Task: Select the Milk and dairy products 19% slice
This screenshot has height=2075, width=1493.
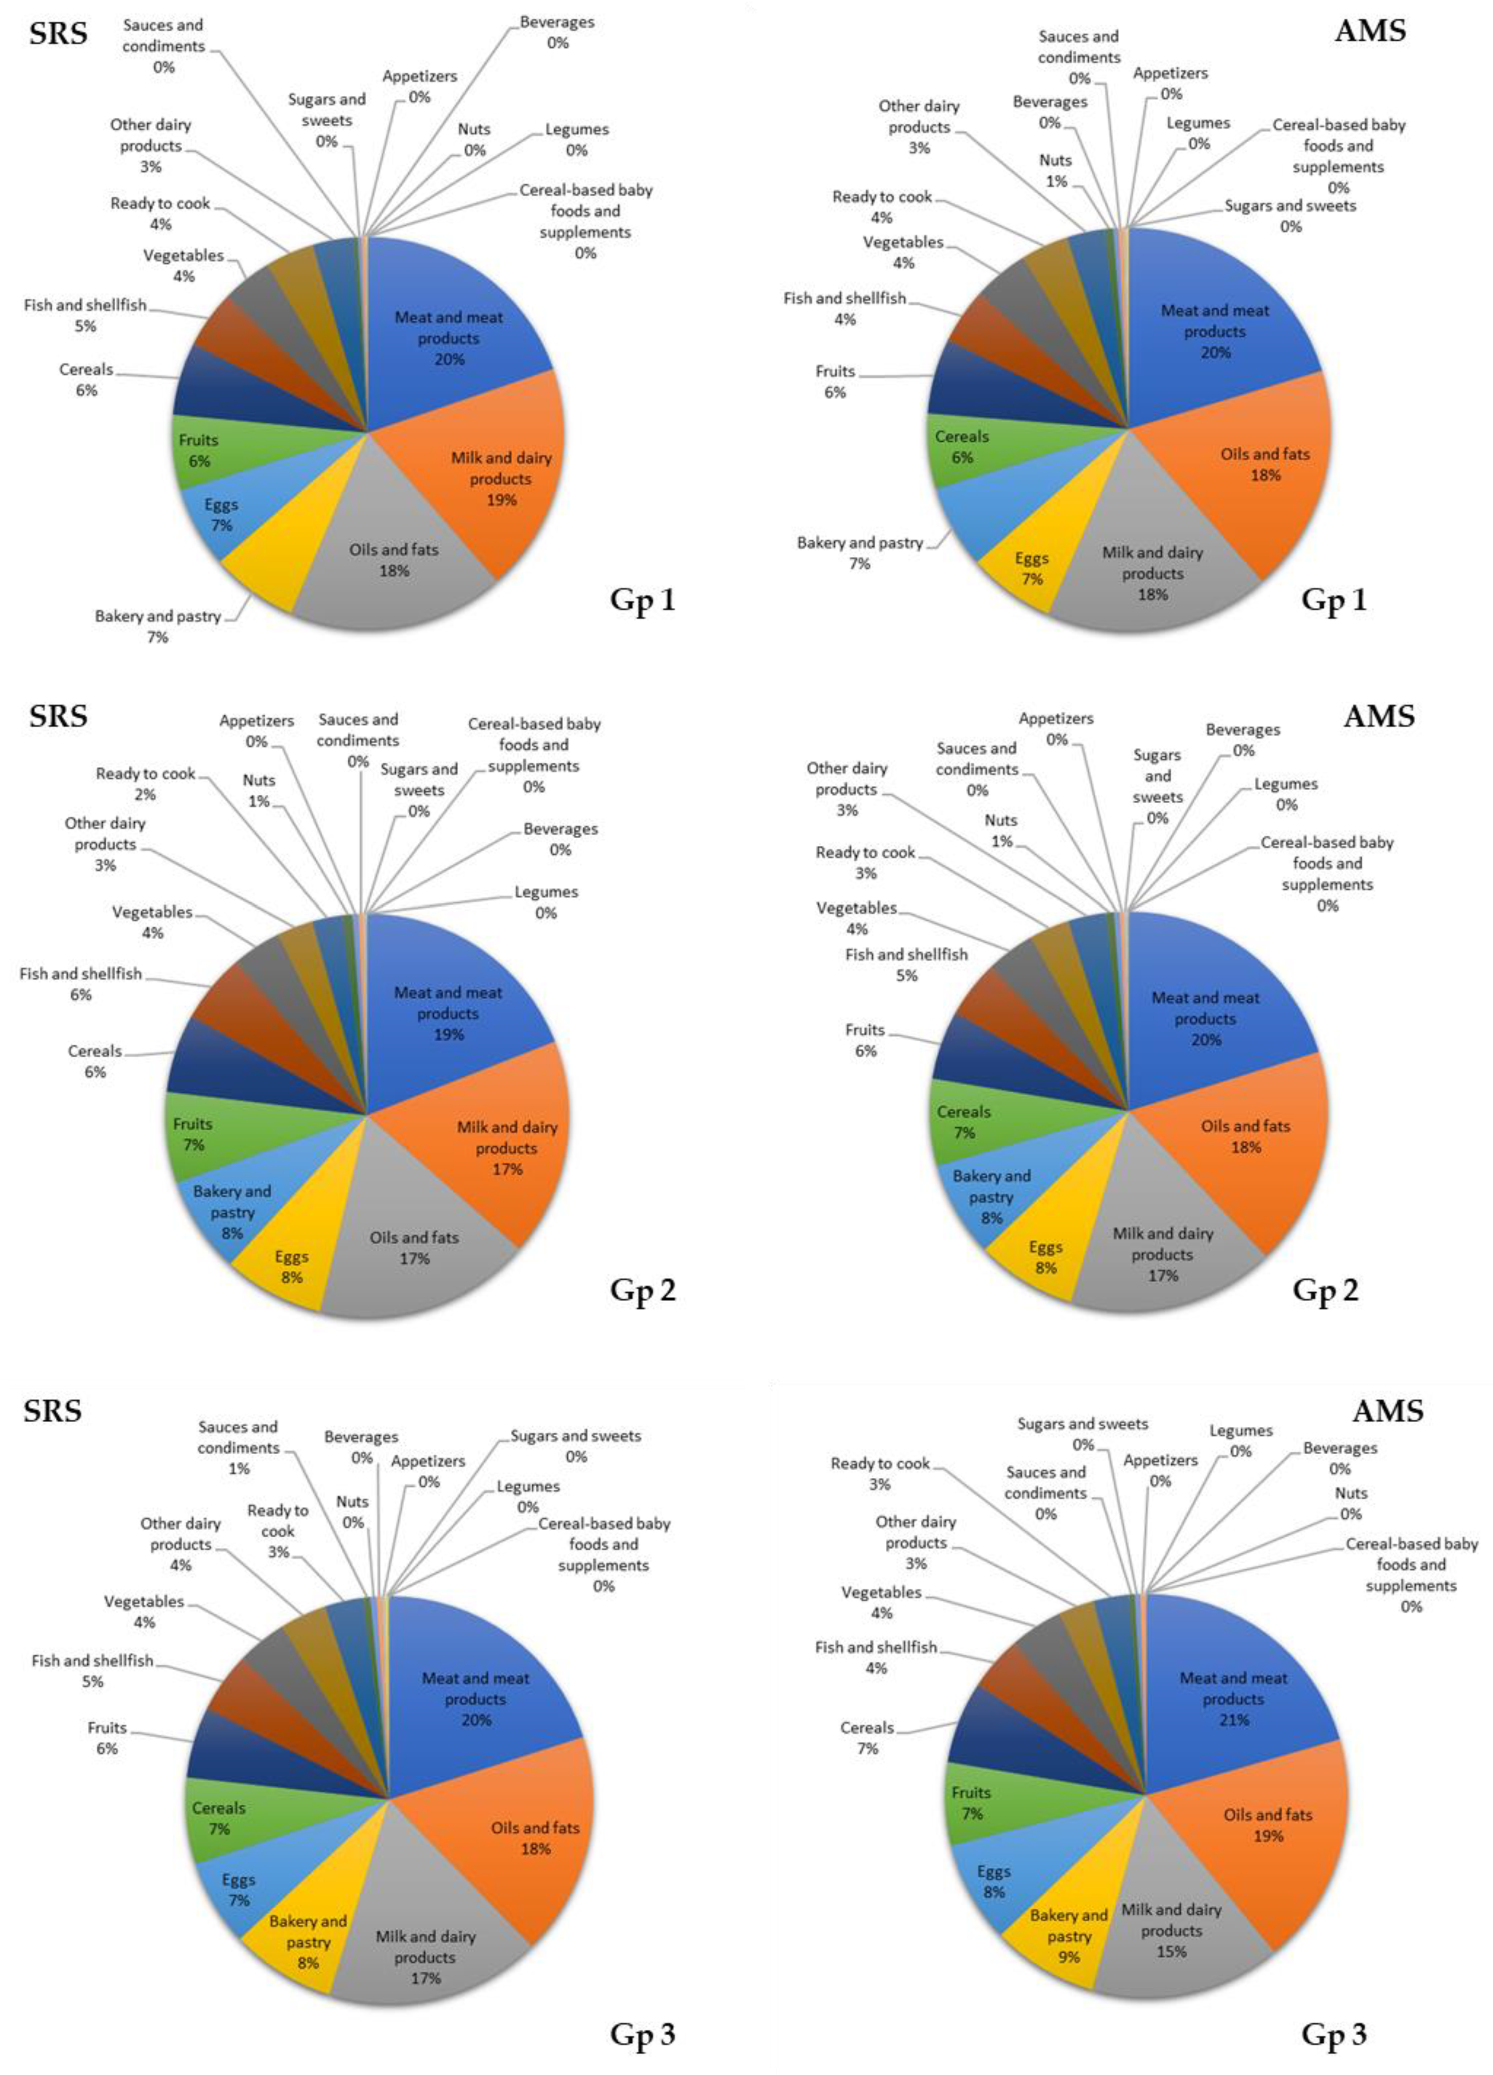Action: tap(500, 478)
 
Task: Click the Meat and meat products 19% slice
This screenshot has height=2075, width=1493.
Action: tap(448, 1013)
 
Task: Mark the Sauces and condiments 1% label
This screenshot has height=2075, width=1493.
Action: tap(239, 1448)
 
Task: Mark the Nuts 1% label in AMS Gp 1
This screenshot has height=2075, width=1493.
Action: tap(1055, 170)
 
